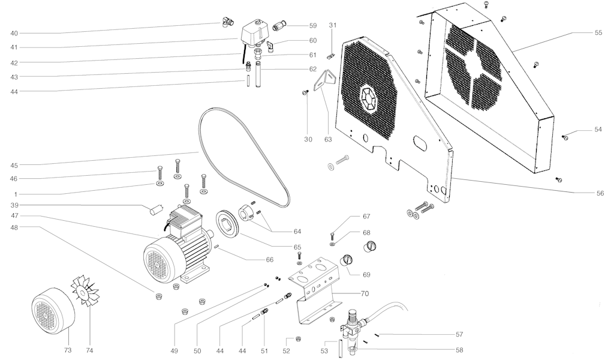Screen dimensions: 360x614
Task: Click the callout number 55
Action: (598, 33)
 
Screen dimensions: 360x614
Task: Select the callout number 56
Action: (600, 193)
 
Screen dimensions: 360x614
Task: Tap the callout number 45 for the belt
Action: (14, 166)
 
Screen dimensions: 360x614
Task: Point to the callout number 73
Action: (68, 350)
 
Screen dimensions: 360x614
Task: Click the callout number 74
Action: (90, 350)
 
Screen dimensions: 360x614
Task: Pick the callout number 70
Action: (365, 293)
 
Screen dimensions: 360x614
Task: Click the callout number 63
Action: (327, 140)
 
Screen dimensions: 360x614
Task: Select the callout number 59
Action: (312, 26)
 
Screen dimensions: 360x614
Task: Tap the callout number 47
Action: (14, 215)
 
